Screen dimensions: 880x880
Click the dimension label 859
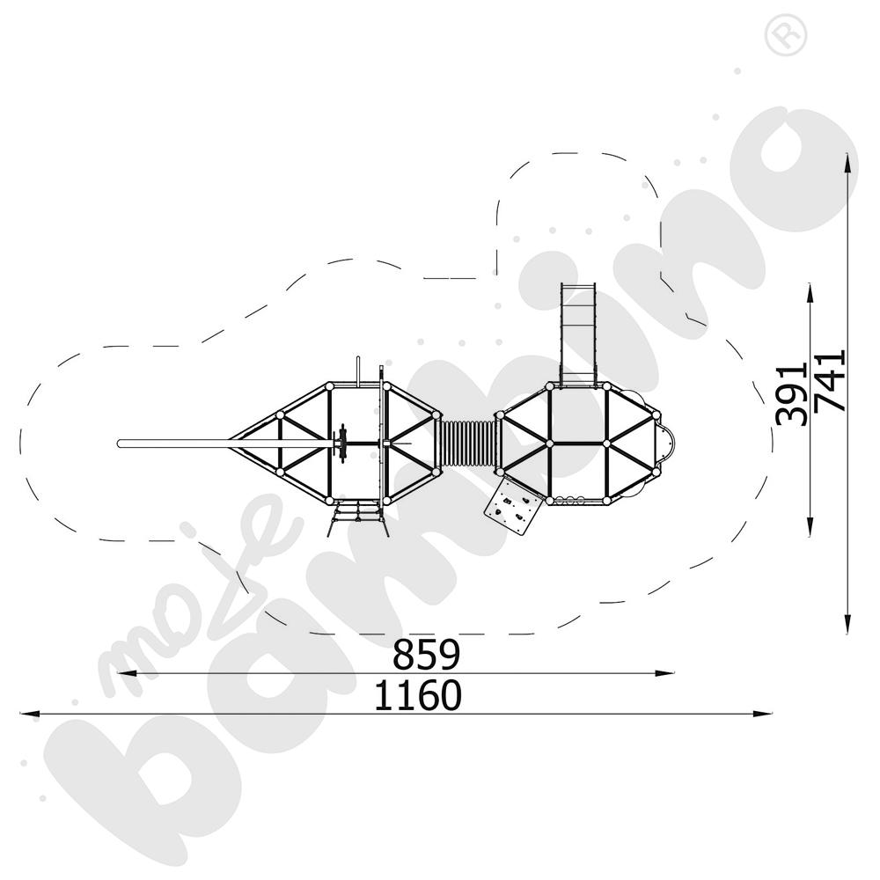pyautogui.click(x=426, y=655)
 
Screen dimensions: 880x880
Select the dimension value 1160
pyautogui.click(x=417, y=695)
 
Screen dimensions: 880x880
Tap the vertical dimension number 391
pyautogui.click(x=791, y=396)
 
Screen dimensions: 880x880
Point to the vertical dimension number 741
pyautogui.click(x=830, y=381)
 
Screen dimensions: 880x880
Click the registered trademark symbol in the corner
pyautogui.click(x=786, y=35)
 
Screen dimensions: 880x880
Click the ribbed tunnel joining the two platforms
pyautogui.click(x=468, y=444)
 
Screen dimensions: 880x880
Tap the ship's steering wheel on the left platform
pyautogui.click(x=340, y=444)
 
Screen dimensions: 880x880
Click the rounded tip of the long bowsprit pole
pyautogui.click(x=120, y=444)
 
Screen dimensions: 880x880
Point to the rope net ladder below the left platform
pyautogui.click(x=357, y=520)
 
